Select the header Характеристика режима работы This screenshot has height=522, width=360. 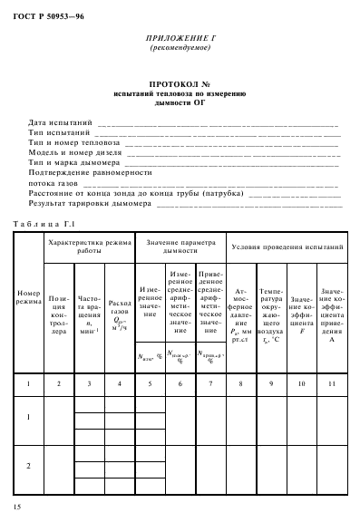coord(89,246)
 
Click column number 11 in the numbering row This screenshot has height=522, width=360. coord(332,384)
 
